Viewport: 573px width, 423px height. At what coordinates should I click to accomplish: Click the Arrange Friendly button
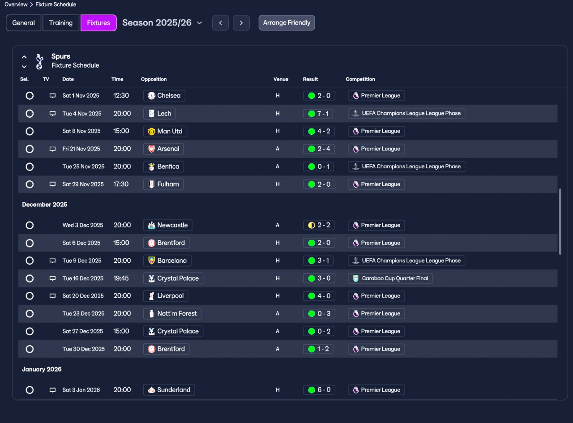pos(286,23)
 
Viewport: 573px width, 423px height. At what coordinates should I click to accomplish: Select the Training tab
pos(61,23)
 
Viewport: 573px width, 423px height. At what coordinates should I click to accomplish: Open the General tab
pos(24,23)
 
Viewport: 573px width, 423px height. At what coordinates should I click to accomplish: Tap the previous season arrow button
pos(220,23)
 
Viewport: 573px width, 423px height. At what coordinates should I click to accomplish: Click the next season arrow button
pos(241,23)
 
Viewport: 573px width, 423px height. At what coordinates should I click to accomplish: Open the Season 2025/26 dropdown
pos(162,23)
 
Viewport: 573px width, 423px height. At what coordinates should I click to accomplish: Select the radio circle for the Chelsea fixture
pos(30,96)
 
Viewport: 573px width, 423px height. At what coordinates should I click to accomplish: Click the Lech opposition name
pos(164,113)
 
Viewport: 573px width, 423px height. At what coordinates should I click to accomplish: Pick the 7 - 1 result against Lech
pos(318,114)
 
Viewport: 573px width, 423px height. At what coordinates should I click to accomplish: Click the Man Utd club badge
pos(151,131)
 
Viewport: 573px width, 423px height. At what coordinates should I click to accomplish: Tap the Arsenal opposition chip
pos(163,149)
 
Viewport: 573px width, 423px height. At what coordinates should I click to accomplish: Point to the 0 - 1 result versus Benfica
pos(318,167)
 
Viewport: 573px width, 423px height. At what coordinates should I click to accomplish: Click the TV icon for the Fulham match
pos(52,184)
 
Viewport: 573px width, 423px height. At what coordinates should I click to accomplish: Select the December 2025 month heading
pos(44,205)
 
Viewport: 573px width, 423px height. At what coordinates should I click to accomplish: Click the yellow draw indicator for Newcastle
pos(312,225)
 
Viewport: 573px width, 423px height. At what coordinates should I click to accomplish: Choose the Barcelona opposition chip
pos(167,261)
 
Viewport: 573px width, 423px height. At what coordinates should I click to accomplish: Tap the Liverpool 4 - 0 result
pos(319,296)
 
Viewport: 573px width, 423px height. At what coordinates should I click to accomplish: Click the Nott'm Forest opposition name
pos(177,313)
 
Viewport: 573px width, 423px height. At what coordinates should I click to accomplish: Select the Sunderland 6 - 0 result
pos(319,390)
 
